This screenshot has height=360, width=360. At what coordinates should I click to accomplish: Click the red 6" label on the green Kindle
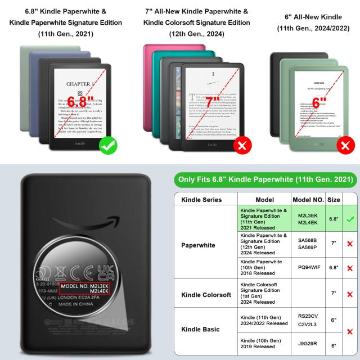pos(319,103)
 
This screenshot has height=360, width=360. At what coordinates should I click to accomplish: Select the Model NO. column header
pos(308,200)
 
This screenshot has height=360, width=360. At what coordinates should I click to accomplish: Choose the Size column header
pos(334,200)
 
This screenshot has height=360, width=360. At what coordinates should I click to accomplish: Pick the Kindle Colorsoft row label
pos(205,294)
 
